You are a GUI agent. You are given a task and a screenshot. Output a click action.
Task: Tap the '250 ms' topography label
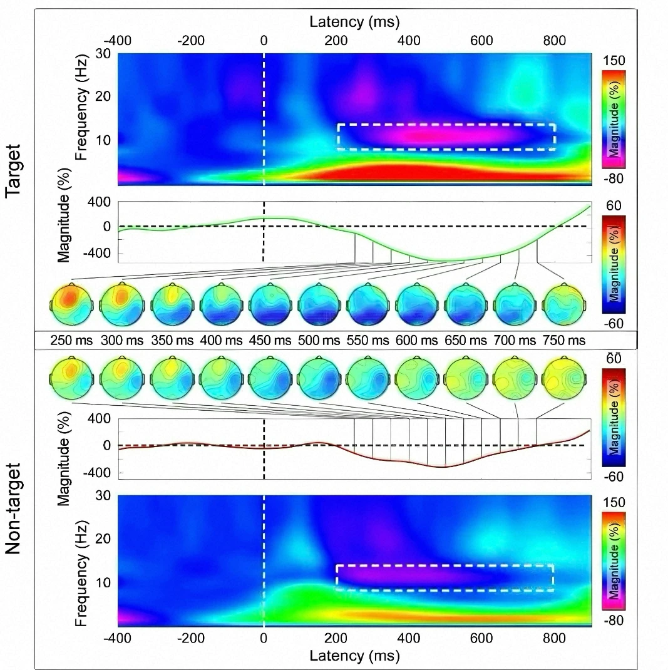pyautogui.click(x=71, y=340)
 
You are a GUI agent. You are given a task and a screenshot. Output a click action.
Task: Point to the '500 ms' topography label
pyautogui.click(x=317, y=340)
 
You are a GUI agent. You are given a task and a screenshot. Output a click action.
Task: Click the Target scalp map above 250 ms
pyautogui.click(x=71, y=304)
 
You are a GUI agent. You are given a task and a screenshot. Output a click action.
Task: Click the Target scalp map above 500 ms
pyautogui.click(x=317, y=304)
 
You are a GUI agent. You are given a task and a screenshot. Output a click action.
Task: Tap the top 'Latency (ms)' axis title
pyautogui.click(x=355, y=23)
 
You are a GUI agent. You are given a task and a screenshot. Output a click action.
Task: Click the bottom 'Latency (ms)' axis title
pyautogui.click(x=355, y=656)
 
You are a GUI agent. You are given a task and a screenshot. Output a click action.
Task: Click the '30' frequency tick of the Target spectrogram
pyautogui.click(x=103, y=54)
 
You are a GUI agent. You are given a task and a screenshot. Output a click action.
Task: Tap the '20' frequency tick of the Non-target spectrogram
pyautogui.click(x=103, y=539)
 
